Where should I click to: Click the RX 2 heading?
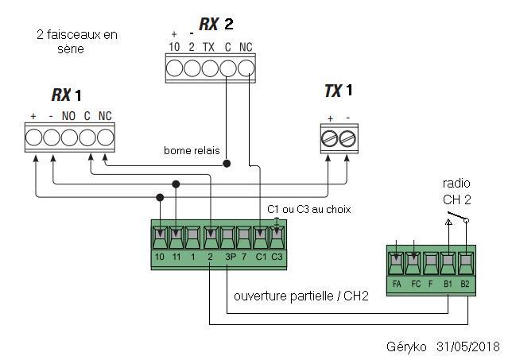pyautogui.click(x=216, y=24)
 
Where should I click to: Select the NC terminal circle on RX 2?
pyautogui.click(x=246, y=69)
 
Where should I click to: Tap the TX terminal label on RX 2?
pyautogui.click(x=208, y=48)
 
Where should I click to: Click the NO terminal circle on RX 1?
pyautogui.click(x=69, y=137)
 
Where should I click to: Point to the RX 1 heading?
pyautogui.click(x=66, y=95)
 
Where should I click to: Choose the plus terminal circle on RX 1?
pyautogui.click(x=33, y=137)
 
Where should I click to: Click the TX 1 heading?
pyautogui.click(x=339, y=91)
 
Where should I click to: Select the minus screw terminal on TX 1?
pyautogui.click(x=347, y=139)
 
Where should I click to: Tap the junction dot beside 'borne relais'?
pyautogui.click(x=227, y=163)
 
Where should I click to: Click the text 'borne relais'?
pyautogui.click(x=192, y=150)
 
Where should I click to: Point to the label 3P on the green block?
pyautogui.click(x=231, y=257)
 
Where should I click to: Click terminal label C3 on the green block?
pyautogui.click(x=277, y=257)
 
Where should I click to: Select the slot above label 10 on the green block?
pyautogui.click(x=160, y=237)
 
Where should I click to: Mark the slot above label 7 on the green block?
pyautogui.click(x=243, y=237)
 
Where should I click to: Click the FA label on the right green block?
pyautogui.click(x=397, y=284)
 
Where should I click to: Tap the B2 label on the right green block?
pyautogui.click(x=464, y=284)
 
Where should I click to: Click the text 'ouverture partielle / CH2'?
pyautogui.click(x=301, y=296)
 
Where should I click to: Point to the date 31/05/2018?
pyautogui.click(x=468, y=346)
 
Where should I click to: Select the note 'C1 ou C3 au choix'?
pyautogui.click(x=309, y=209)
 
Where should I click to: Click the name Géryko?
pyautogui.click(x=406, y=346)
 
